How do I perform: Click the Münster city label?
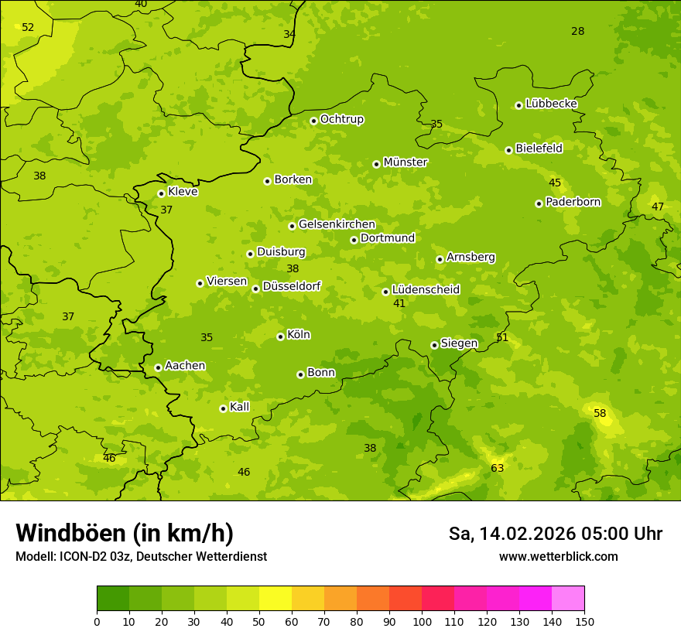pyautogui.click(x=405, y=162)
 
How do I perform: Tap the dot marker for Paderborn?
pyautogui.click(x=539, y=203)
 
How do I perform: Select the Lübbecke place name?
pyautogui.click(x=551, y=104)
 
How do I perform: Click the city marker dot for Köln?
pyautogui.click(x=280, y=336)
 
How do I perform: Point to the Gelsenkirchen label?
pyautogui.click(x=337, y=224)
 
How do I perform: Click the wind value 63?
pyautogui.click(x=497, y=468)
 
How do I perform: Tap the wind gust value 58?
pyautogui.click(x=600, y=413)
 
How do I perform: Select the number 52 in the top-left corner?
pyautogui.click(x=28, y=27)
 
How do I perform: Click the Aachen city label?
pyautogui.click(x=185, y=365)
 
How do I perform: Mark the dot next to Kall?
pyautogui.click(x=223, y=408)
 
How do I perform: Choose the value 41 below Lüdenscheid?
pyautogui.click(x=399, y=303)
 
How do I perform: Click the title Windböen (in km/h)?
pyautogui.click(x=125, y=533)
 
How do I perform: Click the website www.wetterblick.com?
pyautogui.click(x=558, y=556)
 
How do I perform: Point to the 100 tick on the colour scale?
pyautogui.click(x=422, y=621)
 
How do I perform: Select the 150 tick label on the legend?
pyautogui.click(x=584, y=621)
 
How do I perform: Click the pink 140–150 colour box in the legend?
pyautogui.click(x=568, y=598)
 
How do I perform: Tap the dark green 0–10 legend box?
pyautogui.click(x=113, y=598)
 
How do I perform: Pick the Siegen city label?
pyautogui.click(x=459, y=343)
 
